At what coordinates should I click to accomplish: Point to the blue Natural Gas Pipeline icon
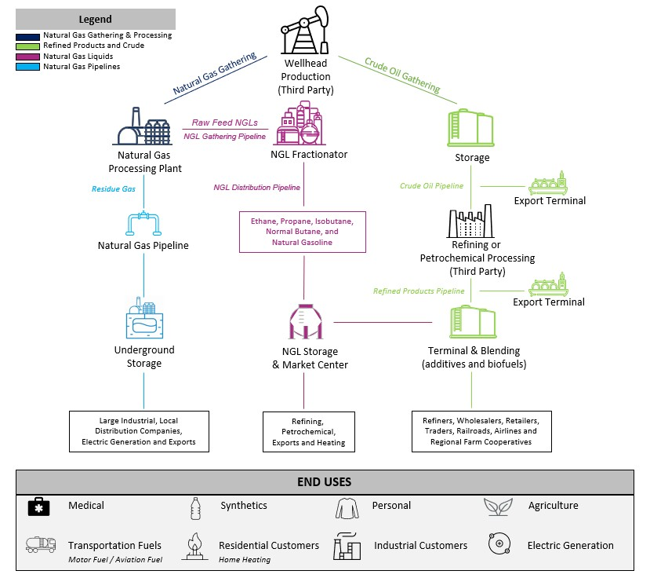143,223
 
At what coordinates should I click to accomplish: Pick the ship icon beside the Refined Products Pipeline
548,285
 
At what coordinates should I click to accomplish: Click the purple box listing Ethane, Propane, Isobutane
303,232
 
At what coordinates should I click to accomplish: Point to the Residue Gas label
114,189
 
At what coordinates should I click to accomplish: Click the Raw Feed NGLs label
225,123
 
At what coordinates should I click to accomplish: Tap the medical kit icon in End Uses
38,507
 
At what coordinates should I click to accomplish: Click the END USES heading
325,482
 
